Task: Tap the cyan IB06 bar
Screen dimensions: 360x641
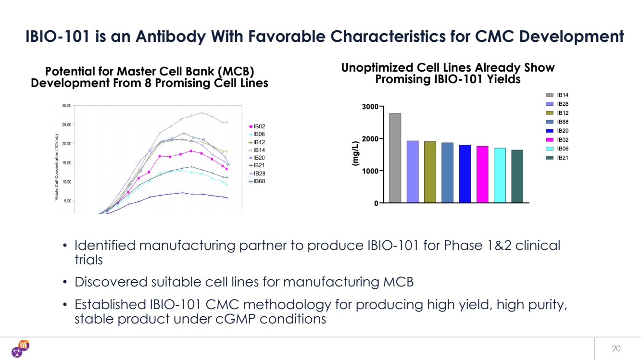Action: pyautogui.click(x=500, y=175)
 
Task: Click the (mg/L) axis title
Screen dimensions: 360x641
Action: pyautogui.click(x=355, y=154)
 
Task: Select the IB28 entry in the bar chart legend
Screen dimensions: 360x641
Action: pyautogui.click(x=562, y=104)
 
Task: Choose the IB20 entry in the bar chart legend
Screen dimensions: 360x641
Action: pyautogui.click(x=562, y=131)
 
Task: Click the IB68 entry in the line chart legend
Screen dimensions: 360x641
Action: pyautogui.click(x=259, y=181)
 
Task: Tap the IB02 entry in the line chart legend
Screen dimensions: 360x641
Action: pyautogui.click(x=259, y=126)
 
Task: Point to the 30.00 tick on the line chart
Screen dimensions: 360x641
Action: pyautogui.click(x=65, y=105)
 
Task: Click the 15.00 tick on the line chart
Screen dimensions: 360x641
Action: pyautogui.click(x=65, y=163)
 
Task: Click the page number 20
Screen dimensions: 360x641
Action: pyautogui.click(x=616, y=348)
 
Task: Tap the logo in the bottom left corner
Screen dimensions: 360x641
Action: pyautogui.click(x=21, y=349)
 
